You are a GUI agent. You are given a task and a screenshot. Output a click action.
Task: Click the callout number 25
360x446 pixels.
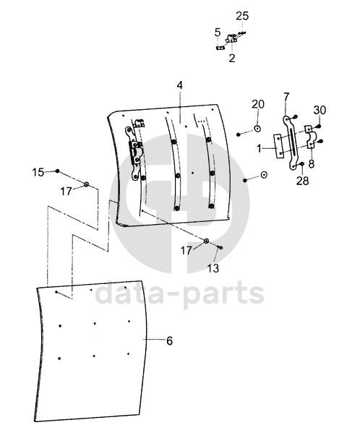[242, 16]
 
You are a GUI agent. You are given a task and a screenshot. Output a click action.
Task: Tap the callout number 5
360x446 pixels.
[218, 33]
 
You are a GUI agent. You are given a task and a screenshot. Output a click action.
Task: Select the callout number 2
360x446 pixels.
[232, 58]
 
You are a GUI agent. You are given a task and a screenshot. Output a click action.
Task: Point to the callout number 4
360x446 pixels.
[179, 85]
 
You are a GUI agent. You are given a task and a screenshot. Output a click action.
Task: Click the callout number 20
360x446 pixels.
[258, 104]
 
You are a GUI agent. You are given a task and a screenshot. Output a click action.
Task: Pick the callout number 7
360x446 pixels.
[286, 97]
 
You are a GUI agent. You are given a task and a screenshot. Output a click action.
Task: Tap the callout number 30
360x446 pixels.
[320, 110]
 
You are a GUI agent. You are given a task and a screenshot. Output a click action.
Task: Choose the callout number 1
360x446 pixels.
[259, 148]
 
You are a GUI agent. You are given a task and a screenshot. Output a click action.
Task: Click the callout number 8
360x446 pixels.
[312, 164]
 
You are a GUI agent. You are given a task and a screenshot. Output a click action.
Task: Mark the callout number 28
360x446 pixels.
[303, 181]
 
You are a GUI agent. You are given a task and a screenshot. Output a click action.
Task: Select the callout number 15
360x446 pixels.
[38, 172]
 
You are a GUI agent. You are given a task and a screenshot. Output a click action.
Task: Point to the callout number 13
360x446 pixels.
[213, 268]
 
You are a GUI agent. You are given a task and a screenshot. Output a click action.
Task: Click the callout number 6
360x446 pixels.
[169, 340]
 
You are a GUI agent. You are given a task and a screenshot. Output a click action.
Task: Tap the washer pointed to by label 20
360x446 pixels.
[257, 129]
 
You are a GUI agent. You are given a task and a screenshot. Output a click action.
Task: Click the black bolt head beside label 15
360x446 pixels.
[57, 171]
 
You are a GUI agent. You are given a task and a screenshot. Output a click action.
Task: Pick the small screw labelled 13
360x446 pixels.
[220, 248]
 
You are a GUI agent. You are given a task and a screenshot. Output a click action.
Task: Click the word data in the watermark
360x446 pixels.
[127, 291]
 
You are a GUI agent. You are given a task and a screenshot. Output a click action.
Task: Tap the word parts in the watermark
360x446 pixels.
[223, 293]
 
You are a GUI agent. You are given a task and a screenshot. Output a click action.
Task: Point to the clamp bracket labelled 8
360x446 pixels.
[310, 137]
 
